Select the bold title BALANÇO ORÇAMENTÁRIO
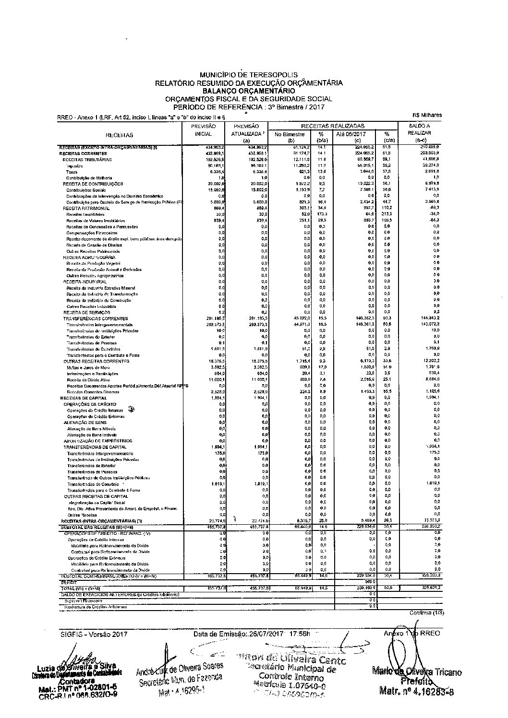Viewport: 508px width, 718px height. (248, 90)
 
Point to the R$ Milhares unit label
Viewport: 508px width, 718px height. (427, 115)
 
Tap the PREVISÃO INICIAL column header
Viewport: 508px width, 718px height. (203, 130)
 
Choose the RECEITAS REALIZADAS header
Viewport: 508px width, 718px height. (333, 126)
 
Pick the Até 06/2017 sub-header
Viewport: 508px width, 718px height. (352, 135)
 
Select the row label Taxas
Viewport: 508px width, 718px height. (72, 172)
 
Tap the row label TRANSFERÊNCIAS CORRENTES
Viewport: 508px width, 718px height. (96, 318)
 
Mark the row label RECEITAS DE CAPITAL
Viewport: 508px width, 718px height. (80, 398)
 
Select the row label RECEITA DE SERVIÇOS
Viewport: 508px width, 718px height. (84, 312)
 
